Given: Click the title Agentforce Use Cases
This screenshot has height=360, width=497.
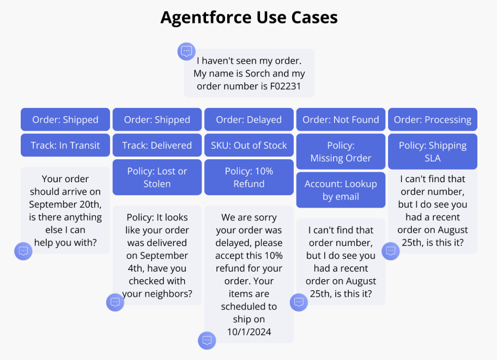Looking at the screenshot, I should click(x=248, y=17).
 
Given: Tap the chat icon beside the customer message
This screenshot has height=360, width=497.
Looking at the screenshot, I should click(x=186, y=51).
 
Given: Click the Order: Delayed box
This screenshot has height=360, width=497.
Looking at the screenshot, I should click(x=248, y=120).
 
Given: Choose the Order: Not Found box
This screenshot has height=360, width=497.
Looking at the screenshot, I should click(x=341, y=120).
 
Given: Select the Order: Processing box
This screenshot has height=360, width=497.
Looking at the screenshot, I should click(x=433, y=120).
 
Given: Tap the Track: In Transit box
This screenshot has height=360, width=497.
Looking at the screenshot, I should click(x=65, y=146).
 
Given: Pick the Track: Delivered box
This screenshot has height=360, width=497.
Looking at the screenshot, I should click(x=157, y=146).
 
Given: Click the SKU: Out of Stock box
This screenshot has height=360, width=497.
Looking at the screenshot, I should click(x=248, y=146).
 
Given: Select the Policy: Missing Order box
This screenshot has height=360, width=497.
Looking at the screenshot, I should click(x=341, y=152).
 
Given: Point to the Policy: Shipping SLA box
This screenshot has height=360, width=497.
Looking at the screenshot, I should click(x=433, y=152).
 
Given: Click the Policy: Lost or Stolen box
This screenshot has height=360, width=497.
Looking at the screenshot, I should click(x=157, y=177).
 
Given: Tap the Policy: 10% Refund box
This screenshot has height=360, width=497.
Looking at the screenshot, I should click(x=248, y=177).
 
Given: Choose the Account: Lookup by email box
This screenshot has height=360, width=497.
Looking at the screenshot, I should click(x=341, y=190).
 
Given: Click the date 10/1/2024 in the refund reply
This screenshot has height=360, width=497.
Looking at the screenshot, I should click(x=249, y=332).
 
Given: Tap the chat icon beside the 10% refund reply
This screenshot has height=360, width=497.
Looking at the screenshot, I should click(x=207, y=340).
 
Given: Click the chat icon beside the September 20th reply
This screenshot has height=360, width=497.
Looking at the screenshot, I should click(x=23, y=251).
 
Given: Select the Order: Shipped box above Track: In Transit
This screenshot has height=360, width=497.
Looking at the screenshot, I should click(x=65, y=120).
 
